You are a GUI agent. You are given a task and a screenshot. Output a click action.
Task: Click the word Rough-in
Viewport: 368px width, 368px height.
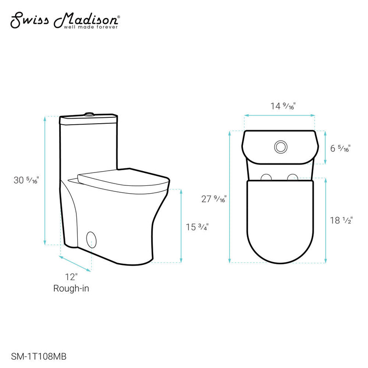[71, 288]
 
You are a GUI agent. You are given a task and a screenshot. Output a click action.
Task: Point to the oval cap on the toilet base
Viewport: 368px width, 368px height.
[92, 240]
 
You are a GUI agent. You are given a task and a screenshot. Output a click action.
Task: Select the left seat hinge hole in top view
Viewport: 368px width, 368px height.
[266, 177]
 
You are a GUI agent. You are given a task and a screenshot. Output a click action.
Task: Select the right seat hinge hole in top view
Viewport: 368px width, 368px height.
[293, 177]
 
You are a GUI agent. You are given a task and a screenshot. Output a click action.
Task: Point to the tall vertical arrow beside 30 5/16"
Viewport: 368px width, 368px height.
[45, 180]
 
